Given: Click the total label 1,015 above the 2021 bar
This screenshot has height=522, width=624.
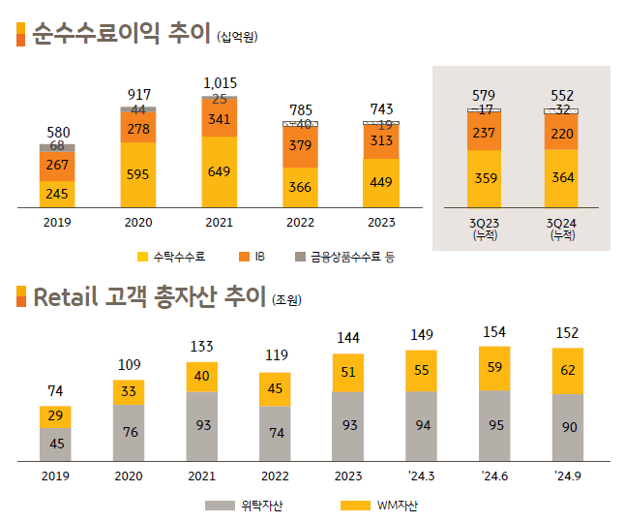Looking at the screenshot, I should (220, 83).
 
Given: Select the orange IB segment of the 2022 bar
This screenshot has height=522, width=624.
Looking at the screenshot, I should (300, 147).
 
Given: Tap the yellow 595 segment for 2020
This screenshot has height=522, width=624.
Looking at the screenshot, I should (138, 175).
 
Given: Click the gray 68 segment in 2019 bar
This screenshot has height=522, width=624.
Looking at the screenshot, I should (57, 146).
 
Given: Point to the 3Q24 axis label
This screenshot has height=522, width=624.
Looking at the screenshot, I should (560, 228).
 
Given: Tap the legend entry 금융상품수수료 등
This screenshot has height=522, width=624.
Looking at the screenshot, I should (343, 257).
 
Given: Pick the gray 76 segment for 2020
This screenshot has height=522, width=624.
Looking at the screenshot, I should (129, 432).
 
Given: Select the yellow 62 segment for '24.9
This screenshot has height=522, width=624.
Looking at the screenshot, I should (568, 370).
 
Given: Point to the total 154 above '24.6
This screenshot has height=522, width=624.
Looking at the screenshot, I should (494, 332).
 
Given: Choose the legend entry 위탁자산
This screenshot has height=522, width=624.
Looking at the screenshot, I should (253, 506).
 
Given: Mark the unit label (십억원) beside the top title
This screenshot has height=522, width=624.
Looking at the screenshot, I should (239, 38).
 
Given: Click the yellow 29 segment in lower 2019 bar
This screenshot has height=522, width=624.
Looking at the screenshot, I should (56, 416).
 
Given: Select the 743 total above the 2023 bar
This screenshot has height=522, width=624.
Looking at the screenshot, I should (381, 109).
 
